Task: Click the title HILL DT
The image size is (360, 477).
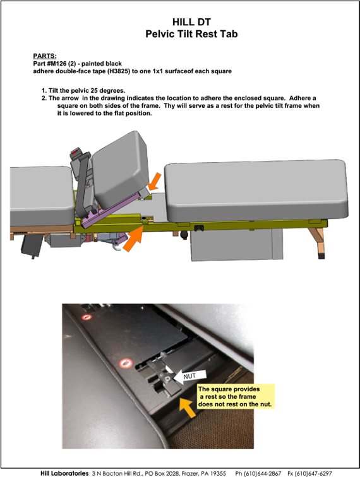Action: coord(191,22)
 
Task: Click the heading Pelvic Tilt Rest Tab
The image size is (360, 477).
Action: coord(191,34)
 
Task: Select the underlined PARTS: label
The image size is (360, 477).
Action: coord(45,56)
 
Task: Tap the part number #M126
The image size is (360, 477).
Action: coord(56,64)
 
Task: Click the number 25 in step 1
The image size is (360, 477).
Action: coord(94,91)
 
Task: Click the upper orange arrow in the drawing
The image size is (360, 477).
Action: coord(155,181)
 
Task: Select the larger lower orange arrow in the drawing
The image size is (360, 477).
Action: coord(133,238)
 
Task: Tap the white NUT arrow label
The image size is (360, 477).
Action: coord(189,376)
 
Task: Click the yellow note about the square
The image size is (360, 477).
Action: coord(235,396)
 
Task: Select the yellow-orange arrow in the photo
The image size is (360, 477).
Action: coord(187,408)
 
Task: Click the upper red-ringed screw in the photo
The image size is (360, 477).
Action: coord(87,317)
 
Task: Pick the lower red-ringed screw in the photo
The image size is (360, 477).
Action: coord(126,363)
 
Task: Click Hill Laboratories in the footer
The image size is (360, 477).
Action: coord(64,473)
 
